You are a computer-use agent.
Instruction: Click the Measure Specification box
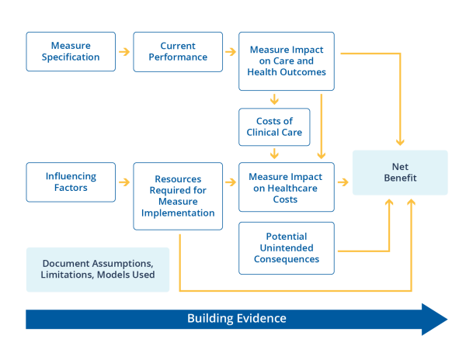point(71,51)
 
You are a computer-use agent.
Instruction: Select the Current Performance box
point(178,51)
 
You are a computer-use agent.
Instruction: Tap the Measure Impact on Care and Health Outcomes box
point(286,61)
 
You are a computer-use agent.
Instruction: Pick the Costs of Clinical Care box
point(274,126)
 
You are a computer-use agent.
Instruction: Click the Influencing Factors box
point(71,182)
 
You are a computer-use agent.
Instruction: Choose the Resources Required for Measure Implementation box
point(178,196)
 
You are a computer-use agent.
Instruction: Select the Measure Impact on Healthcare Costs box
point(286,187)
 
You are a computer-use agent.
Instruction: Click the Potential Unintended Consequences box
point(286,247)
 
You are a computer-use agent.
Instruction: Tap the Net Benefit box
point(400,172)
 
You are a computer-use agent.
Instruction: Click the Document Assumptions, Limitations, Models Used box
point(98,269)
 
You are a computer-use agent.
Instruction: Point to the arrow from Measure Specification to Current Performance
point(124,52)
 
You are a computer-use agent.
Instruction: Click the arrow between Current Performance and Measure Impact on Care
point(231,52)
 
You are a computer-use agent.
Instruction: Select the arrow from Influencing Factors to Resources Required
point(124,182)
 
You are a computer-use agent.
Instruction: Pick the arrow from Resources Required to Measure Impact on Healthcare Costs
point(231,182)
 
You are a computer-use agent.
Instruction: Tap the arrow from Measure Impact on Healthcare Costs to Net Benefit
point(343,182)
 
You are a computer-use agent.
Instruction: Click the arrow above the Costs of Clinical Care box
point(274,99)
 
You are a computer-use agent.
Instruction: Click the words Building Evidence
point(236,318)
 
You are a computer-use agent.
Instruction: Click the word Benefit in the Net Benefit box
point(400,178)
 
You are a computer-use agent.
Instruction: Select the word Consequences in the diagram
point(286,259)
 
